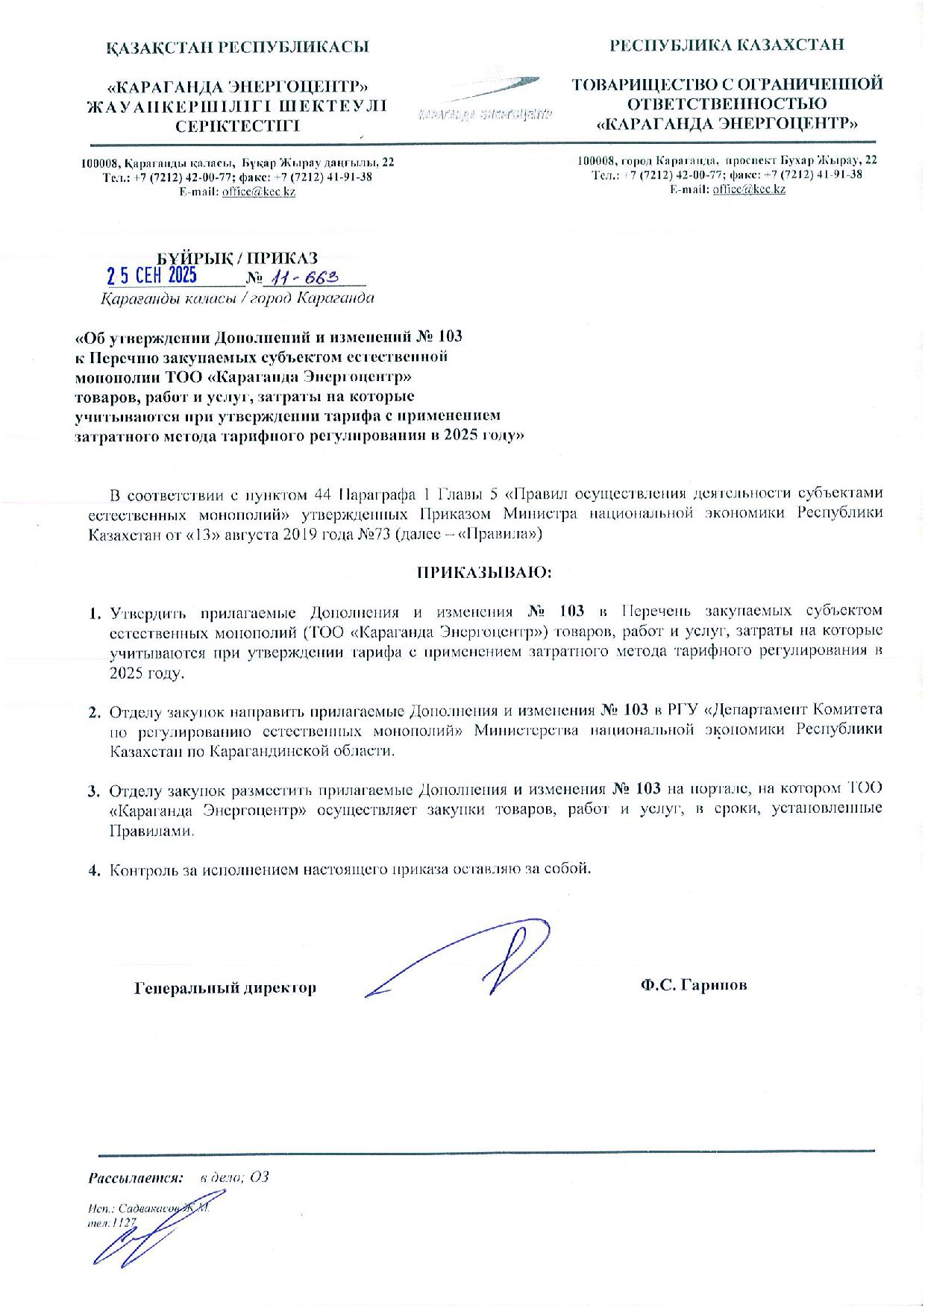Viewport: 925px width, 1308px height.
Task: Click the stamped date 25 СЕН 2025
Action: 152,277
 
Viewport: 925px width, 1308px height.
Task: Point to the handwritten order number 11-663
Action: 307,277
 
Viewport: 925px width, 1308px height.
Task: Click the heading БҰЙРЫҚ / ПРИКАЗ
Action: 241,258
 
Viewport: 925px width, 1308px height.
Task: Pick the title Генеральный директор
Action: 225,988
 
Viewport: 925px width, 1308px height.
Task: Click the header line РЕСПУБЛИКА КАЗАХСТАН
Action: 727,45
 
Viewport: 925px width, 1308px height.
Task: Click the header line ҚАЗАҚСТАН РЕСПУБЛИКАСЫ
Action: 237,48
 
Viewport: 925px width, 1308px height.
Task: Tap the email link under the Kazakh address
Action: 259,192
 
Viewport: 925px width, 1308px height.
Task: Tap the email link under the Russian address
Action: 749,189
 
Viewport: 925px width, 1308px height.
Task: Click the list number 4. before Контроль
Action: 95,870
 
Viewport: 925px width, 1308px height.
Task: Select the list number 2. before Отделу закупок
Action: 95,713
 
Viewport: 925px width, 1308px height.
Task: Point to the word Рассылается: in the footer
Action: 137,1178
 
